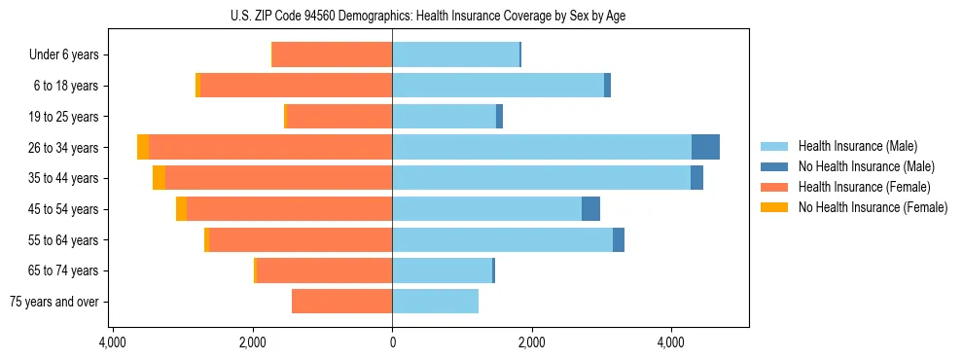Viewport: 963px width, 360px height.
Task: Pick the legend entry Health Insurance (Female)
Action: [x=864, y=187]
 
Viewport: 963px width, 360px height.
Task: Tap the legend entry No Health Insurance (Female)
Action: [x=872, y=207]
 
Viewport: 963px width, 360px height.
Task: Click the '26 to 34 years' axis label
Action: [x=64, y=148]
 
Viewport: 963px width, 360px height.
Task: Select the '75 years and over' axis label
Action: [x=54, y=302]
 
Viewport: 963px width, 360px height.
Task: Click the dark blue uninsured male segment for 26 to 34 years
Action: [x=705, y=147]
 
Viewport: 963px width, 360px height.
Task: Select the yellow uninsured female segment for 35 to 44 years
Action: [x=159, y=178]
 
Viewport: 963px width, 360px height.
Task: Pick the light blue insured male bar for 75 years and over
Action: [x=435, y=302]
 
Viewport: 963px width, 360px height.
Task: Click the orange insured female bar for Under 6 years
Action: [x=332, y=54]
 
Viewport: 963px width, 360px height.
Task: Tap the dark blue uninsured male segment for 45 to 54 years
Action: [x=590, y=209]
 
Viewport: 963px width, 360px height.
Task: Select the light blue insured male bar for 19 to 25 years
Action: [x=444, y=117]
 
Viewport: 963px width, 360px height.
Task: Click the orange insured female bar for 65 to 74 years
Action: [x=324, y=270]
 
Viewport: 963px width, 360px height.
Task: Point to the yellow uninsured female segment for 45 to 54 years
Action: [x=181, y=209]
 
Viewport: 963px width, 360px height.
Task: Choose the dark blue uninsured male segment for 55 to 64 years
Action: [x=619, y=239]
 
